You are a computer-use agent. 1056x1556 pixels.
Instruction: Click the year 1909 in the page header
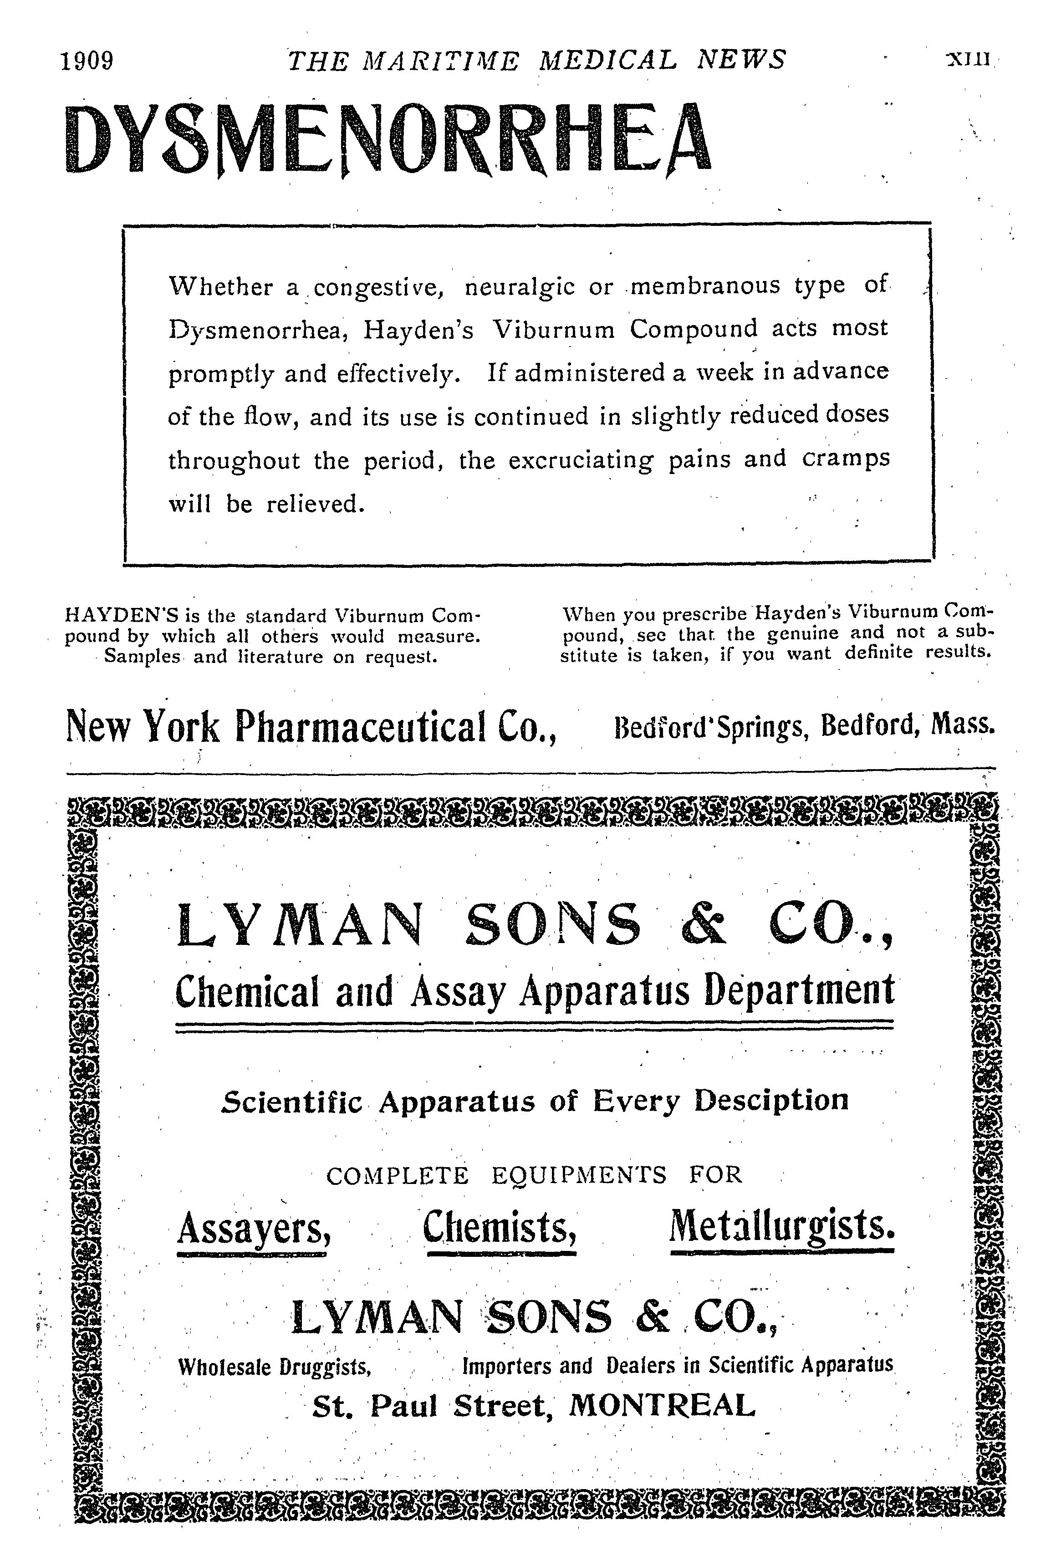(x=87, y=61)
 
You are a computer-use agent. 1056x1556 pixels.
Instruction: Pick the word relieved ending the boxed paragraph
(x=315, y=504)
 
